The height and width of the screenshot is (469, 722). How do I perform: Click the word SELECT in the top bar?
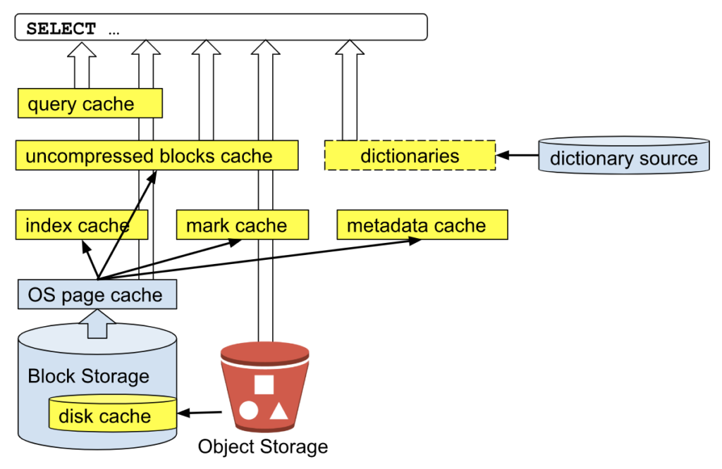[x=61, y=30]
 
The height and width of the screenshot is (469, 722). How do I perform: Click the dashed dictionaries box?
[x=410, y=156]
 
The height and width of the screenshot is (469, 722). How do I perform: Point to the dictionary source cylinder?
[x=623, y=156]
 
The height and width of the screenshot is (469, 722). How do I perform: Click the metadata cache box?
[x=422, y=225]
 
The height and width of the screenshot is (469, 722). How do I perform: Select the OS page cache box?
[x=97, y=294]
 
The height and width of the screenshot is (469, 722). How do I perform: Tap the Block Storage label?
[x=88, y=376]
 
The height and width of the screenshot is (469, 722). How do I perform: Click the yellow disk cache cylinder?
[x=111, y=415]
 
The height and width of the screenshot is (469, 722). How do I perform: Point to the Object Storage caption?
[x=262, y=446]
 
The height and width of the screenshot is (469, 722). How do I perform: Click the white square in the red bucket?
[x=264, y=384]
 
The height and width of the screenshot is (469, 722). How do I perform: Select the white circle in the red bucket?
[x=248, y=411]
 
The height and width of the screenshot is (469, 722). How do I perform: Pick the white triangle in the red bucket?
[x=279, y=411]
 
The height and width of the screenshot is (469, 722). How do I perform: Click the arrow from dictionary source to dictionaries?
[x=517, y=156]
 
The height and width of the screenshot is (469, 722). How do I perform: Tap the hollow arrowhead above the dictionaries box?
[x=349, y=47]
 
